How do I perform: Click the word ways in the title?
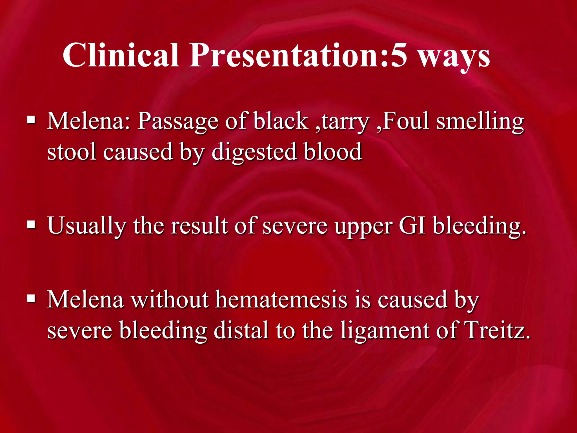[x=454, y=58]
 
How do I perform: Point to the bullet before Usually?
[x=31, y=225]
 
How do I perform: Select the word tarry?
[x=345, y=122]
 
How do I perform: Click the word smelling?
[x=480, y=122]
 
